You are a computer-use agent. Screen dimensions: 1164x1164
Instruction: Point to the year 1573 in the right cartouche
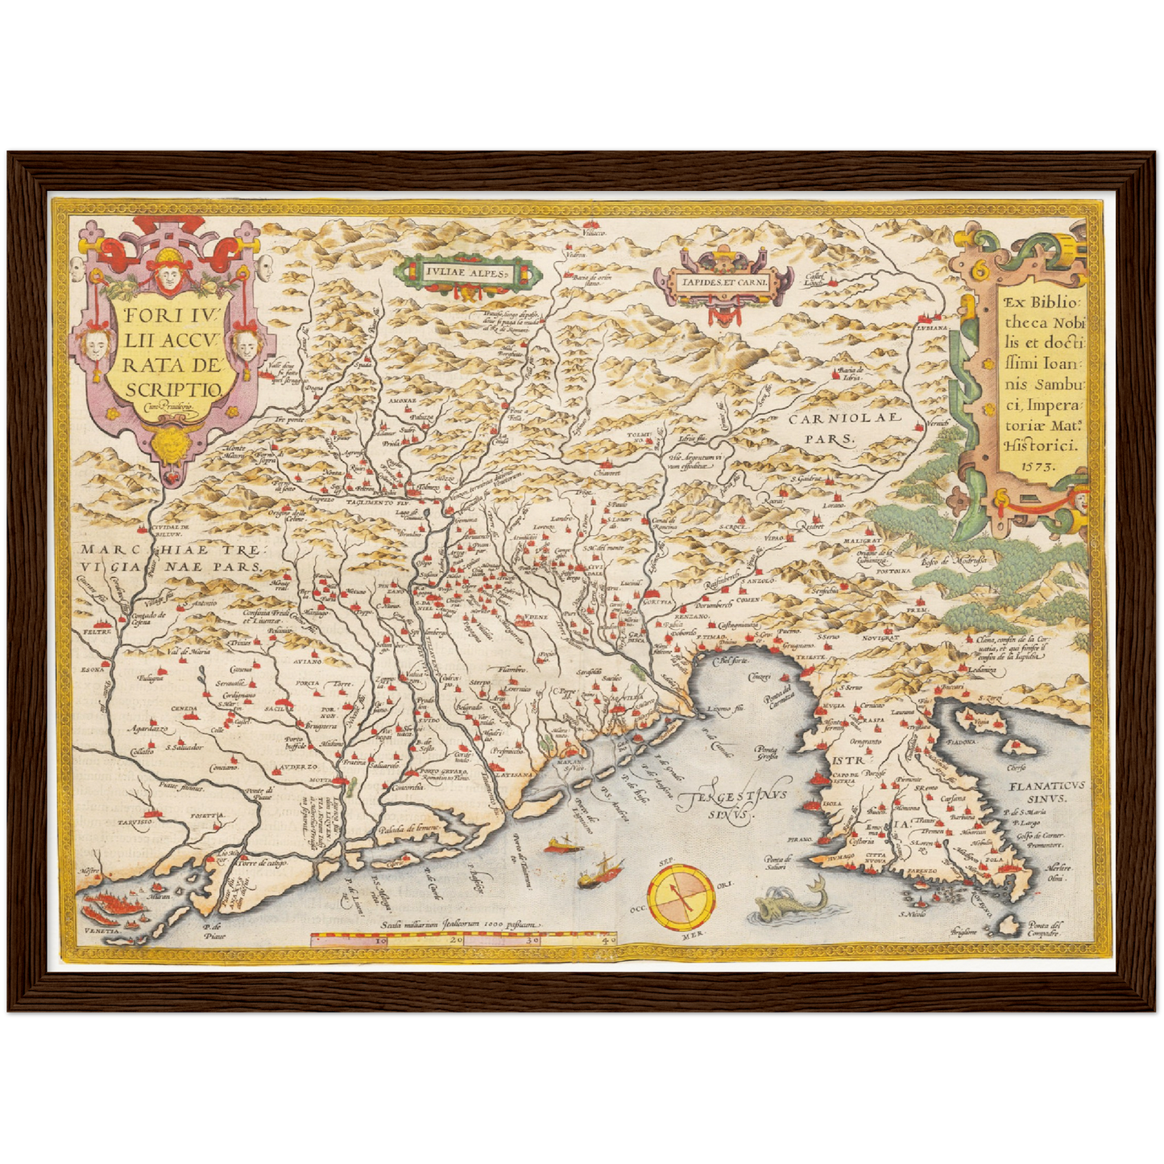click(1021, 466)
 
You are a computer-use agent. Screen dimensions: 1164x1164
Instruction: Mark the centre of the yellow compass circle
click(681, 896)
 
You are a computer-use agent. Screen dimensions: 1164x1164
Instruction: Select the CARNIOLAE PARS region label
click(830, 429)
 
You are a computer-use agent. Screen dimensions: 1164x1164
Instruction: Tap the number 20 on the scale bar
click(455, 939)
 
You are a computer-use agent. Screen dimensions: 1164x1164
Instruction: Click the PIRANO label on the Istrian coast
click(801, 839)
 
